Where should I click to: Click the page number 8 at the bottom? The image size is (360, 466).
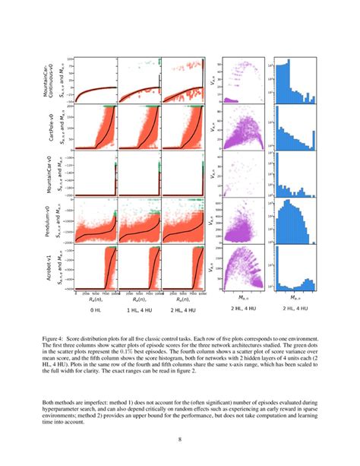click(x=179, y=439)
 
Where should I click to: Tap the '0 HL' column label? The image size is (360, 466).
click(x=96, y=310)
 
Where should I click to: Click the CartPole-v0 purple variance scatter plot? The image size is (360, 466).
click(x=245, y=127)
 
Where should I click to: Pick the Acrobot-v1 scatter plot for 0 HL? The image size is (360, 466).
click(x=96, y=268)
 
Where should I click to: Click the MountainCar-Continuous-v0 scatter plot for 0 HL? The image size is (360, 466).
click(x=96, y=79)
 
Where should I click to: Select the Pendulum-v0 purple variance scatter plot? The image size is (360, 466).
click(x=245, y=220)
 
